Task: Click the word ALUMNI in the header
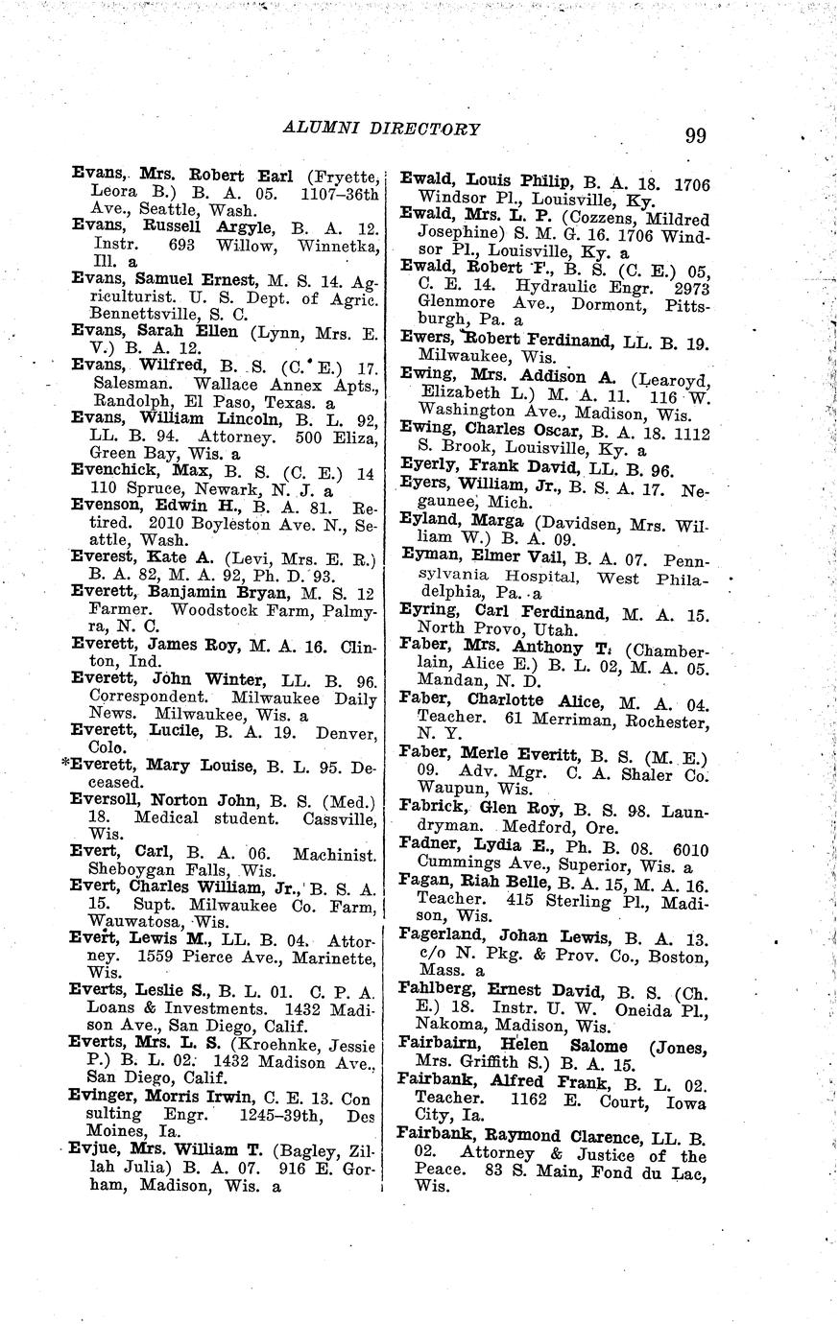pos(330,128)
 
